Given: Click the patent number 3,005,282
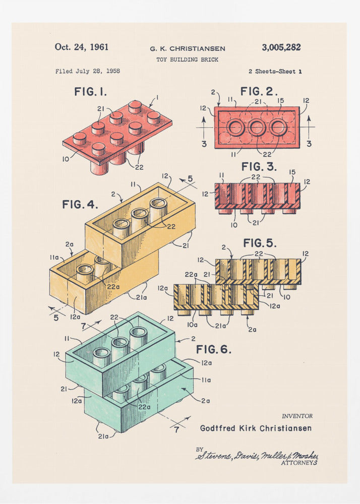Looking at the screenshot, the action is [x=281, y=47].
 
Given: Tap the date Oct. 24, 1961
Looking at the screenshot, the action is [x=82, y=47].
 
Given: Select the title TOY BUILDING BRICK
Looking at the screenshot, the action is [x=188, y=59].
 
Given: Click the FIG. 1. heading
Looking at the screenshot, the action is [x=90, y=92].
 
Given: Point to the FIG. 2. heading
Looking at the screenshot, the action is [x=259, y=91].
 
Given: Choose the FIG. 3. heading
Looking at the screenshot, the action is [x=259, y=167].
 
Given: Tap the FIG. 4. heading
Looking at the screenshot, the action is [x=80, y=205].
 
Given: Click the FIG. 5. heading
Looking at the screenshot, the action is [x=260, y=243].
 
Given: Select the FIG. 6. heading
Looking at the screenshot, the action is [x=214, y=349].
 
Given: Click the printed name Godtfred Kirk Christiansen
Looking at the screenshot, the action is [x=256, y=428].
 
